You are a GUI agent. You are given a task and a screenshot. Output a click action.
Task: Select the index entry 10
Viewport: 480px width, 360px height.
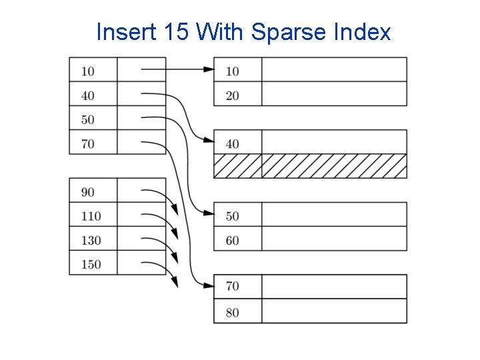pos(87,71)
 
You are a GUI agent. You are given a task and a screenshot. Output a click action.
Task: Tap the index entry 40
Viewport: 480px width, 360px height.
pos(87,95)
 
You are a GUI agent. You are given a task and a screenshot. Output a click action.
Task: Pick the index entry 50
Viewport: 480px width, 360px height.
pos(87,119)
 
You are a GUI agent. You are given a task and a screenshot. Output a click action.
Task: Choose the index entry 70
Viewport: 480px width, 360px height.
pos(87,143)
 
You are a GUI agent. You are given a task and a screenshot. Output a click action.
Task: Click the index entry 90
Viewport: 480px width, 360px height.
pos(87,192)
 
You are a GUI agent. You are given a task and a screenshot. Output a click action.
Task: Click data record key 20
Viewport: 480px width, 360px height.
pos(232,95)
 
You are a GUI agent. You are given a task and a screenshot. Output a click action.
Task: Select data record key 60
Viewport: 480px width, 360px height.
pos(232,240)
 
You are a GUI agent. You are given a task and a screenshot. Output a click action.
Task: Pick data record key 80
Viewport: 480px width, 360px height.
pos(232,312)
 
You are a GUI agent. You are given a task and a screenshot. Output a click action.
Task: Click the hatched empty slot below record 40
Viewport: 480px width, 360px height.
pos(310,167)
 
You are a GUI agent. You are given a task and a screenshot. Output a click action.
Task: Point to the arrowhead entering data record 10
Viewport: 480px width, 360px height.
pos(209,69)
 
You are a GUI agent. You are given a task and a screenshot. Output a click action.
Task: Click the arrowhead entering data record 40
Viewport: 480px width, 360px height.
pos(209,141)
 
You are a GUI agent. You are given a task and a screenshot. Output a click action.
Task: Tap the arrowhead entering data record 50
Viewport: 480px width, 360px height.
pos(209,213)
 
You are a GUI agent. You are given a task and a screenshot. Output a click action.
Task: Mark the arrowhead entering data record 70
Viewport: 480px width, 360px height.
pos(209,285)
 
